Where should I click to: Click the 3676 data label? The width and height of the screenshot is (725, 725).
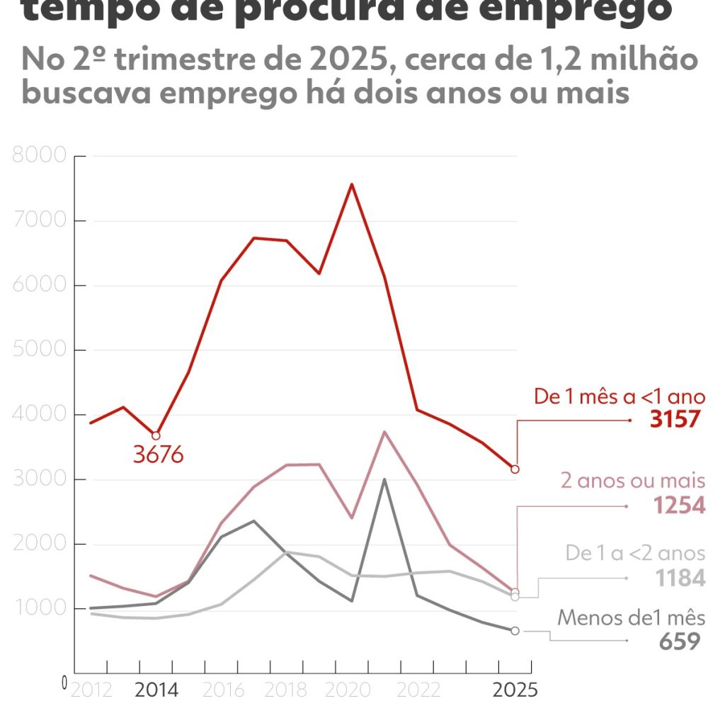(x=158, y=455)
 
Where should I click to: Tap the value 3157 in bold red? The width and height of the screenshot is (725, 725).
(x=675, y=419)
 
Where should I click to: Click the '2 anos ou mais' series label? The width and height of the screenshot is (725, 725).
(x=632, y=481)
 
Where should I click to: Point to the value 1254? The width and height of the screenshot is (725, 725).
(x=679, y=506)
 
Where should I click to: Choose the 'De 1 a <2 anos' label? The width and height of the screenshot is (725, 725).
(x=635, y=553)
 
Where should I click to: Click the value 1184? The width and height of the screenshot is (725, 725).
(x=679, y=578)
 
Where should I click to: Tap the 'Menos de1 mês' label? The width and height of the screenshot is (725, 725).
(x=631, y=617)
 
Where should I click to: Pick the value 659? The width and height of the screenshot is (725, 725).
(x=680, y=641)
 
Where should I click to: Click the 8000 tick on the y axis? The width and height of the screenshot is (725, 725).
(x=40, y=156)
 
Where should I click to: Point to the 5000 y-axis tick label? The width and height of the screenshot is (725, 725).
(x=40, y=350)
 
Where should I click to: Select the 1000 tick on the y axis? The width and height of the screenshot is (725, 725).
(x=40, y=610)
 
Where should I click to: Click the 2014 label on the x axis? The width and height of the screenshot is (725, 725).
(x=156, y=690)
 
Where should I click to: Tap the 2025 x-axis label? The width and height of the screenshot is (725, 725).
(x=515, y=690)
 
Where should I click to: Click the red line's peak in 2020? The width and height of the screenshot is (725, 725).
(x=352, y=184)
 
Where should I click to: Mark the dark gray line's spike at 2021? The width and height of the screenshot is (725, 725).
(x=384, y=479)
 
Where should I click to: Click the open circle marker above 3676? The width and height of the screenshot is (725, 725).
(x=156, y=435)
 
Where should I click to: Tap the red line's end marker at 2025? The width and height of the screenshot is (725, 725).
(x=515, y=469)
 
